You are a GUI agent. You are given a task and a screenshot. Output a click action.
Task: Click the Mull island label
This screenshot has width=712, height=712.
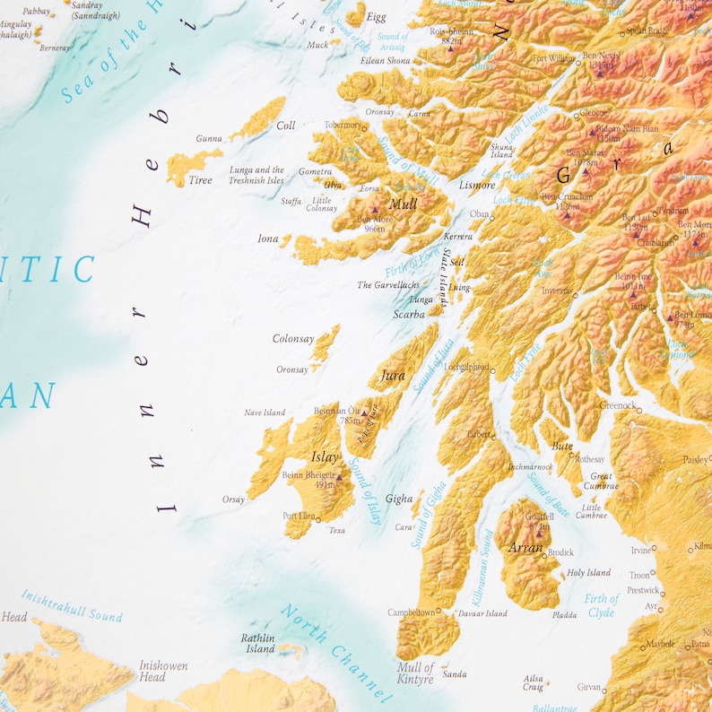tap(404, 204)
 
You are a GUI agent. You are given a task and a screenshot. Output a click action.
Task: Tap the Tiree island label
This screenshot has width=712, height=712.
tap(200, 180)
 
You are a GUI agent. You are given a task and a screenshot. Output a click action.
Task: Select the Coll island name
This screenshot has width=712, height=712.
tap(285, 126)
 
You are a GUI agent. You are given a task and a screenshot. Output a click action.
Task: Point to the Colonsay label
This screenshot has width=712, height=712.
tap(293, 339)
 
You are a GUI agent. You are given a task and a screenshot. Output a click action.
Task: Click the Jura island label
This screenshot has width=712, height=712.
tap(393, 376)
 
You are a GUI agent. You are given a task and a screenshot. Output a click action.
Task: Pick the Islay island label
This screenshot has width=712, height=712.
tap(325, 457)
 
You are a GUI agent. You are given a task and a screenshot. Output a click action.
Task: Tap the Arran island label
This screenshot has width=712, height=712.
tap(525, 547)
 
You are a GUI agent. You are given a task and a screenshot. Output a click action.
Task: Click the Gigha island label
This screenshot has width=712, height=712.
tap(399, 499)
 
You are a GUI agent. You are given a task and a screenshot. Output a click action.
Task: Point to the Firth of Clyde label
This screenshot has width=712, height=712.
tap(602, 605)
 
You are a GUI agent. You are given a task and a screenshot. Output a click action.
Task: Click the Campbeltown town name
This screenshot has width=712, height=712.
tap(411, 612)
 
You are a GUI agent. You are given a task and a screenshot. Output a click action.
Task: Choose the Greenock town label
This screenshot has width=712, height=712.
tap(617, 405)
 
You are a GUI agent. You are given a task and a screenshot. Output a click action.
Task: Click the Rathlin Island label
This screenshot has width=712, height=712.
tap(258, 643)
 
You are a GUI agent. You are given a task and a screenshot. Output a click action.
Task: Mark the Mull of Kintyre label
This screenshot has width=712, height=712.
tap(415, 673)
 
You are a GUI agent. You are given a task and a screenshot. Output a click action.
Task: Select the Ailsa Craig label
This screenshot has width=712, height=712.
tap(534, 682)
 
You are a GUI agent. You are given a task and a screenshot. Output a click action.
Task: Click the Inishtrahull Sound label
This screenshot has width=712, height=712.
tap(72, 604)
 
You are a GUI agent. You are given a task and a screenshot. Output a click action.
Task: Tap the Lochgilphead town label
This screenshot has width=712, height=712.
tap(465, 368)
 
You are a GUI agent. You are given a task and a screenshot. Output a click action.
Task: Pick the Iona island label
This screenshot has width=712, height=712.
tap(268, 239)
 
